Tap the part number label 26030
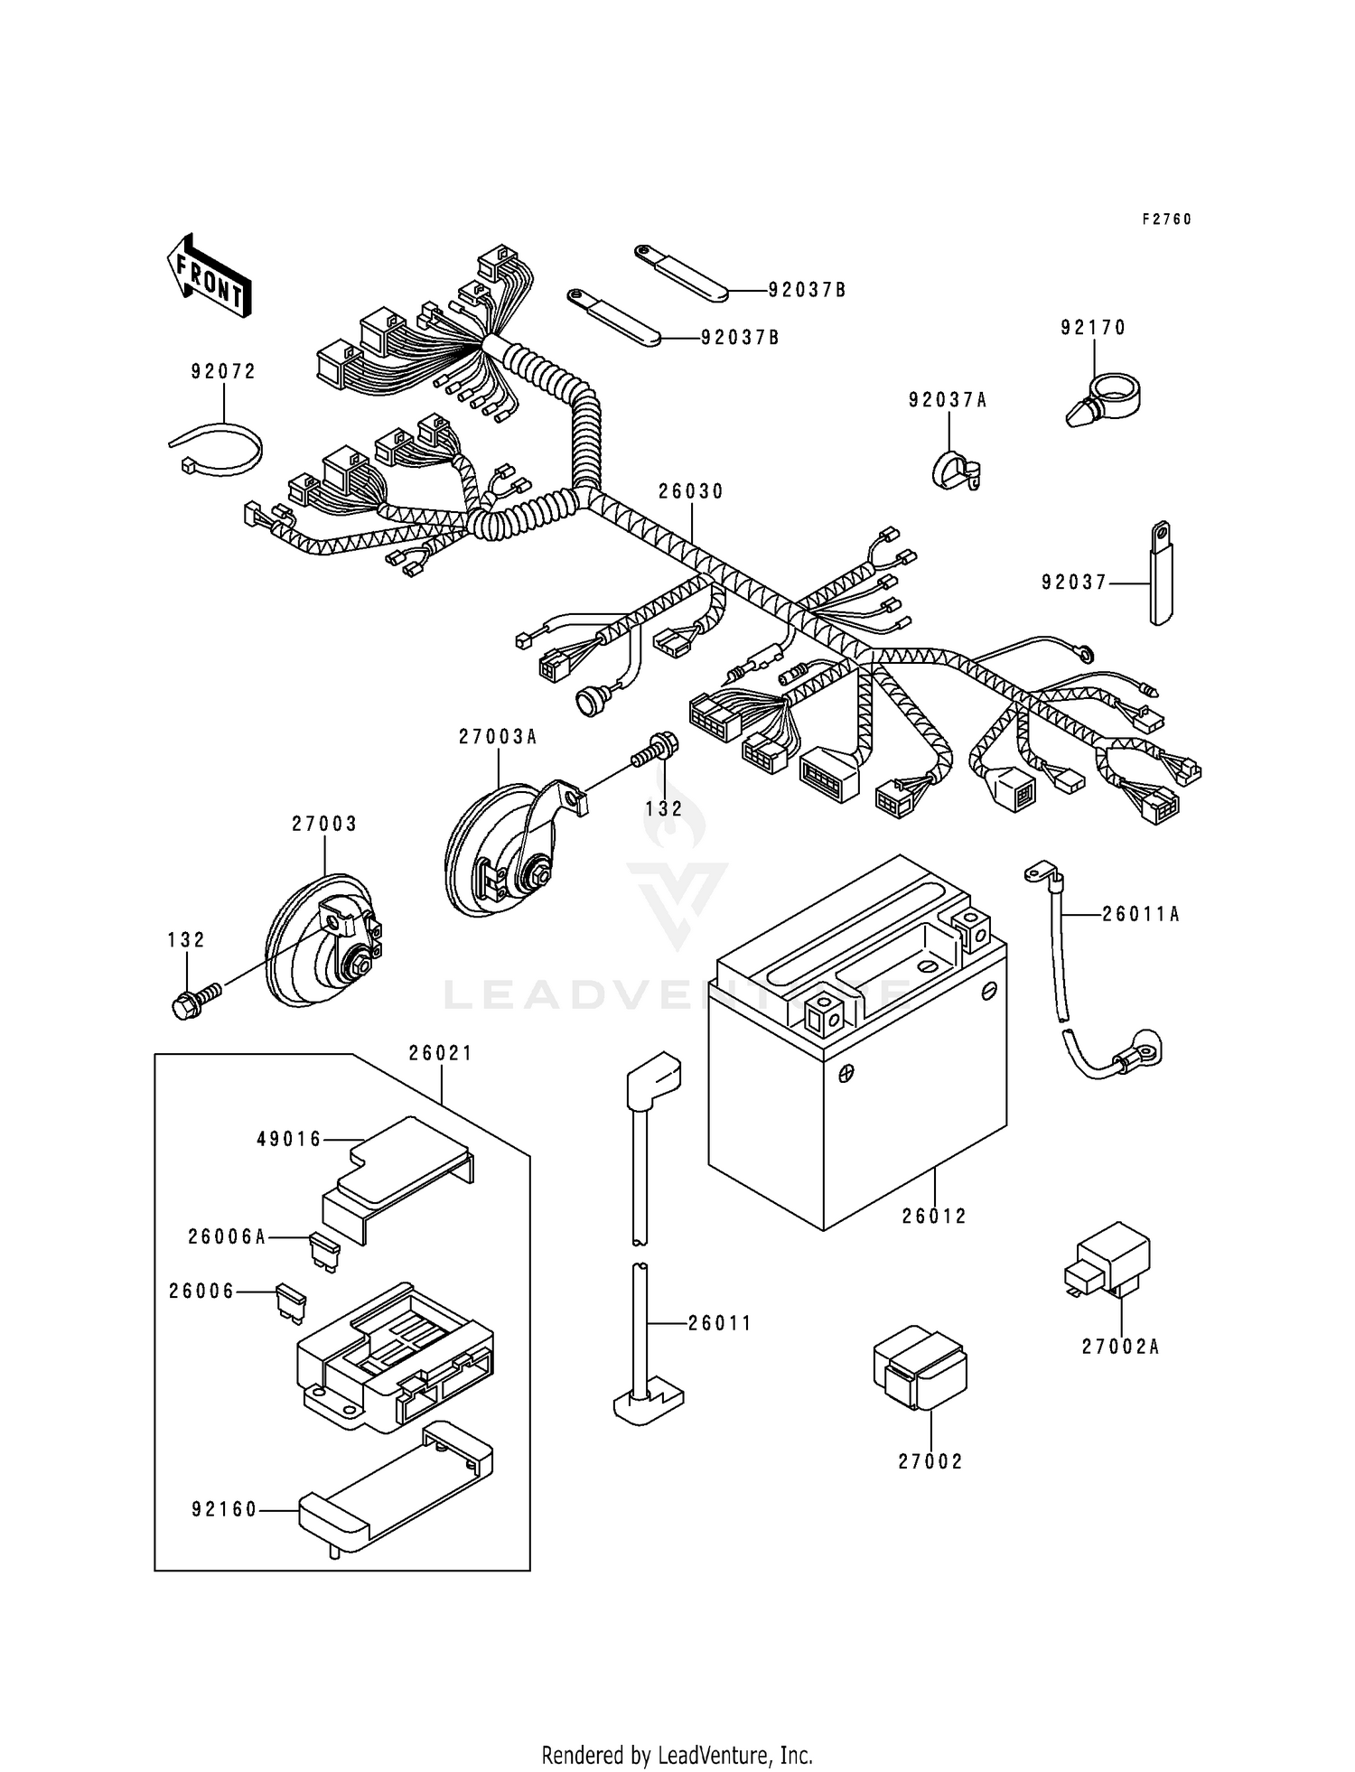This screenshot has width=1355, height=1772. click(x=691, y=491)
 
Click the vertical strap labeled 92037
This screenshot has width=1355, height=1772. click(x=1160, y=573)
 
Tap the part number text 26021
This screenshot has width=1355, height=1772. click(x=441, y=1053)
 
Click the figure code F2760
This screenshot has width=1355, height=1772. click(x=1166, y=219)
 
